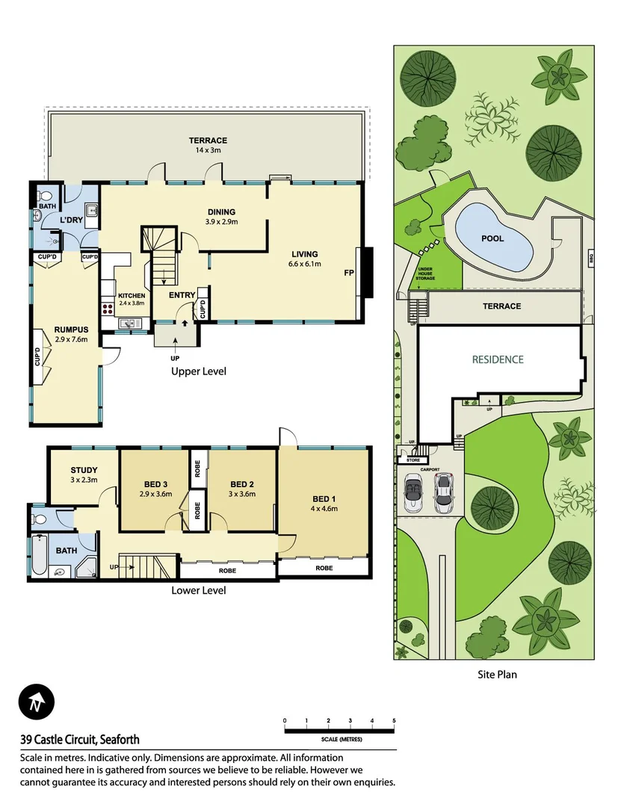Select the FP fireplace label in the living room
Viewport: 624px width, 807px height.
tap(348, 273)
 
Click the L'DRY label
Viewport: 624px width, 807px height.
tap(72, 220)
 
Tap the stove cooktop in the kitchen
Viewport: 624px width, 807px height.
tap(106, 306)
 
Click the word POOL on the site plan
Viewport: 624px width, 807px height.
tap(492, 239)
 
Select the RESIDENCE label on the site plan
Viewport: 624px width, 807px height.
tap(498, 359)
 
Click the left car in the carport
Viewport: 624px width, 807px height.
tap(413, 494)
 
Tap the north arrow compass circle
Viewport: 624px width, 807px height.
tap(37, 703)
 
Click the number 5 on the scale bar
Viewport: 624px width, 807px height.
tap(394, 721)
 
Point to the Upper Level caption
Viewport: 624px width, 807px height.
tap(198, 371)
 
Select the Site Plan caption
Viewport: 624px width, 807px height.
tap(497, 674)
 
